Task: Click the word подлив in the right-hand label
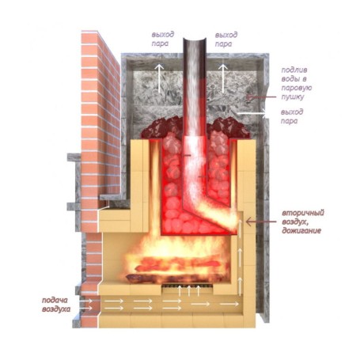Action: pos(294,70)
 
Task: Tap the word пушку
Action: pos(293,97)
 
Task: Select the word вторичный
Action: pos(303,213)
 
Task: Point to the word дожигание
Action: pos(301,231)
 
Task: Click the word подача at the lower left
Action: pos(55,301)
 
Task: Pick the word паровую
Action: pos(297,88)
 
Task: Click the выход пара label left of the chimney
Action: pos(163,39)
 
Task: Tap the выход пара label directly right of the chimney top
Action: pos(226,40)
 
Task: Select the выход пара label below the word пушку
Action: pos(292,116)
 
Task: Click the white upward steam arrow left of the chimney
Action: pos(159,78)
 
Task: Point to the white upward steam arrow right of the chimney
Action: pos(223,78)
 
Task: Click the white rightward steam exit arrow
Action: pos(252,113)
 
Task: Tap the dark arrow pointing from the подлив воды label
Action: pos(261,97)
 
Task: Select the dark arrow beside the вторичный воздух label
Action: pos(261,222)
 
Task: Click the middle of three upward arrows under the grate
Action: pos(189,291)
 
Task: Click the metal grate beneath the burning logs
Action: pos(188,286)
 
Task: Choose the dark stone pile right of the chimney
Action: pos(228,128)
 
